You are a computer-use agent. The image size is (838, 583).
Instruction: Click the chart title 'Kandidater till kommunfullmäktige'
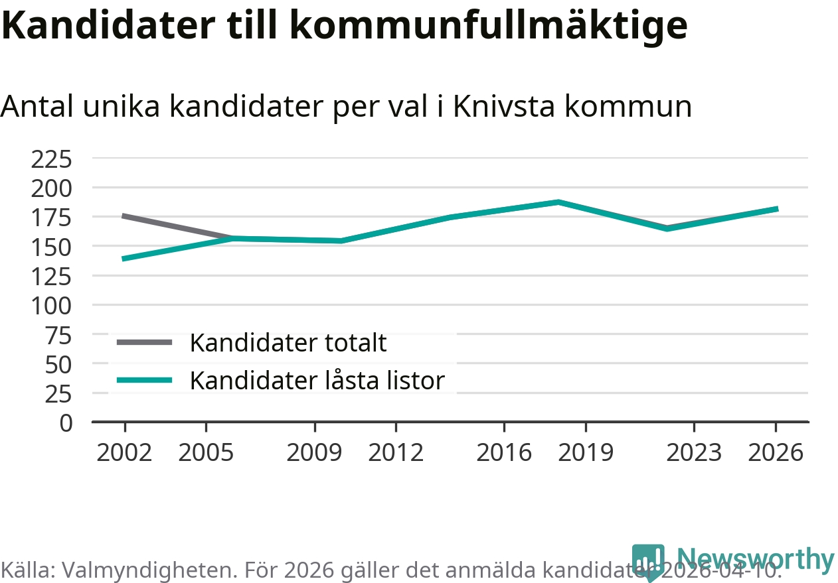point(344,25)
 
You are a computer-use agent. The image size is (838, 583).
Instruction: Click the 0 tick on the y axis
point(65,422)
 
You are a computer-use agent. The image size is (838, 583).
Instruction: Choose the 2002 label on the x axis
point(124,453)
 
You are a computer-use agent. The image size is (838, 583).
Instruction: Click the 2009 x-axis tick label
point(314,453)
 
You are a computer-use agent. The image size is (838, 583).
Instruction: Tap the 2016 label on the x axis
point(504,453)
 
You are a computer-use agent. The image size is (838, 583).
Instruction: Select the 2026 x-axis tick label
point(776,453)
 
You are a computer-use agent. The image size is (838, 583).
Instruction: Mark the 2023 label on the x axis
point(694,453)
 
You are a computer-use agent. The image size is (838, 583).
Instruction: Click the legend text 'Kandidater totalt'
point(288,343)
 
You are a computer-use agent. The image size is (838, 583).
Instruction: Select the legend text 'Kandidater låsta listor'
point(317,381)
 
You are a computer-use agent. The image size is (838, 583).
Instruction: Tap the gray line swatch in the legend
point(144,342)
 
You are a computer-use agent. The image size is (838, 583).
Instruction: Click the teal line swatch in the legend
point(144,380)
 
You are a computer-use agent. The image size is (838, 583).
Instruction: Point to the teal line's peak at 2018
point(558,202)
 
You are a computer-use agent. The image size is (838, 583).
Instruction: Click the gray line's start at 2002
point(124,216)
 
